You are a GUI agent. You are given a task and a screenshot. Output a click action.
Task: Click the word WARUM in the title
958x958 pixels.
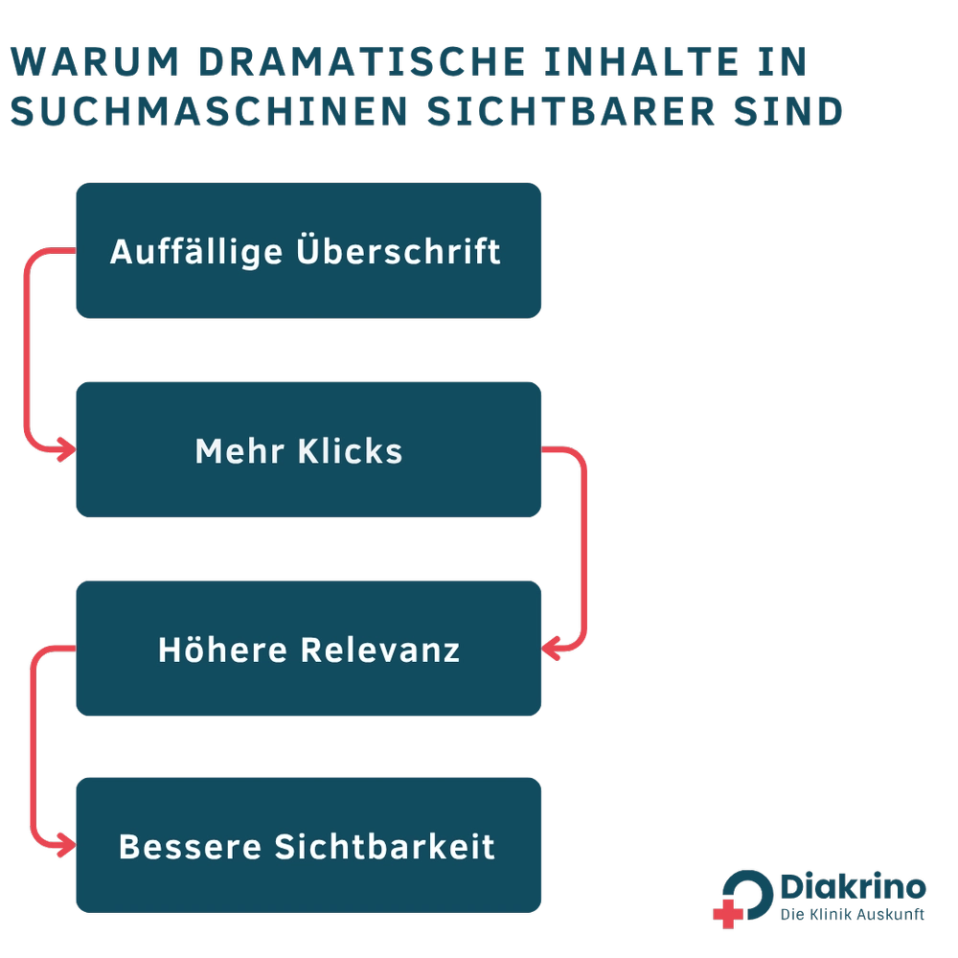pyautogui.click(x=95, y=61)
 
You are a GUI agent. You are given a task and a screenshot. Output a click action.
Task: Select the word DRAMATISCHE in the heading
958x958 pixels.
pyautogui.click(x=362, y=61)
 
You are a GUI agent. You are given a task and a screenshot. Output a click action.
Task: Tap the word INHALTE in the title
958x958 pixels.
pyautogui.click(x=642, y=61)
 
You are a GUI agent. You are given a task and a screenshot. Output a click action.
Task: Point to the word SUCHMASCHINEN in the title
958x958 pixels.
pyautogui.click(x=209, y=112)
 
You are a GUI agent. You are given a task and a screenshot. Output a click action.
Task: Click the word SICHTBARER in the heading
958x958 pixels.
pyautogui.click(x=571, y=112)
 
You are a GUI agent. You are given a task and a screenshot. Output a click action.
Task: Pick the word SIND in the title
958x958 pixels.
pyautogui.click(x=788, y=112)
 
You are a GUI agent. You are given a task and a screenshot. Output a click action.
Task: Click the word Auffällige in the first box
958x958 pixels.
pyautogui.click(x=196, y=252)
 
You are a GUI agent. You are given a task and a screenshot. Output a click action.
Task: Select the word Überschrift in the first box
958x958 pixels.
pyautogui.click(x=399, y=249)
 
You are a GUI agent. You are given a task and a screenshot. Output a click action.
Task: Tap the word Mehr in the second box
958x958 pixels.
pyautogui.click(x=239, y=451)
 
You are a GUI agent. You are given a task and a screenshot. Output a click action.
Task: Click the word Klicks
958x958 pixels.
pyautogui.click(x=350, y=451)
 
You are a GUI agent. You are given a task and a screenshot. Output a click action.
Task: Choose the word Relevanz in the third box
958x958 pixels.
pyautogui.click(x=380, y=650)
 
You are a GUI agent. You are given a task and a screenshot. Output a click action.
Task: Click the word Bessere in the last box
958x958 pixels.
pyautogui.click(x=190, y=847)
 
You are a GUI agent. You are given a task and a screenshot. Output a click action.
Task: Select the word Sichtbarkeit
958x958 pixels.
pyautogui.click(x=384, y=847)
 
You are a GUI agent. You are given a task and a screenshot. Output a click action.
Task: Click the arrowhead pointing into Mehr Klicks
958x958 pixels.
pyautogui.click(x=67, y=450)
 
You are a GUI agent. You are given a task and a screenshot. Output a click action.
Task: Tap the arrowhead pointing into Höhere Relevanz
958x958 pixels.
pyautogui.click(x=551, y=649)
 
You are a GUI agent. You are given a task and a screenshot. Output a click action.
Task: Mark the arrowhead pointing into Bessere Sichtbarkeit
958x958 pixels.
pyautogui.click(x=67, y=846)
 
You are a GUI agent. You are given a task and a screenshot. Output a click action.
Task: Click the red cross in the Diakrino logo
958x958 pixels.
pyautogui.click(x=728, y=914)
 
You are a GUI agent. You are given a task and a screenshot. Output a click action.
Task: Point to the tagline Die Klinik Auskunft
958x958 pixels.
pyautogui.click(x=853, y=915)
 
